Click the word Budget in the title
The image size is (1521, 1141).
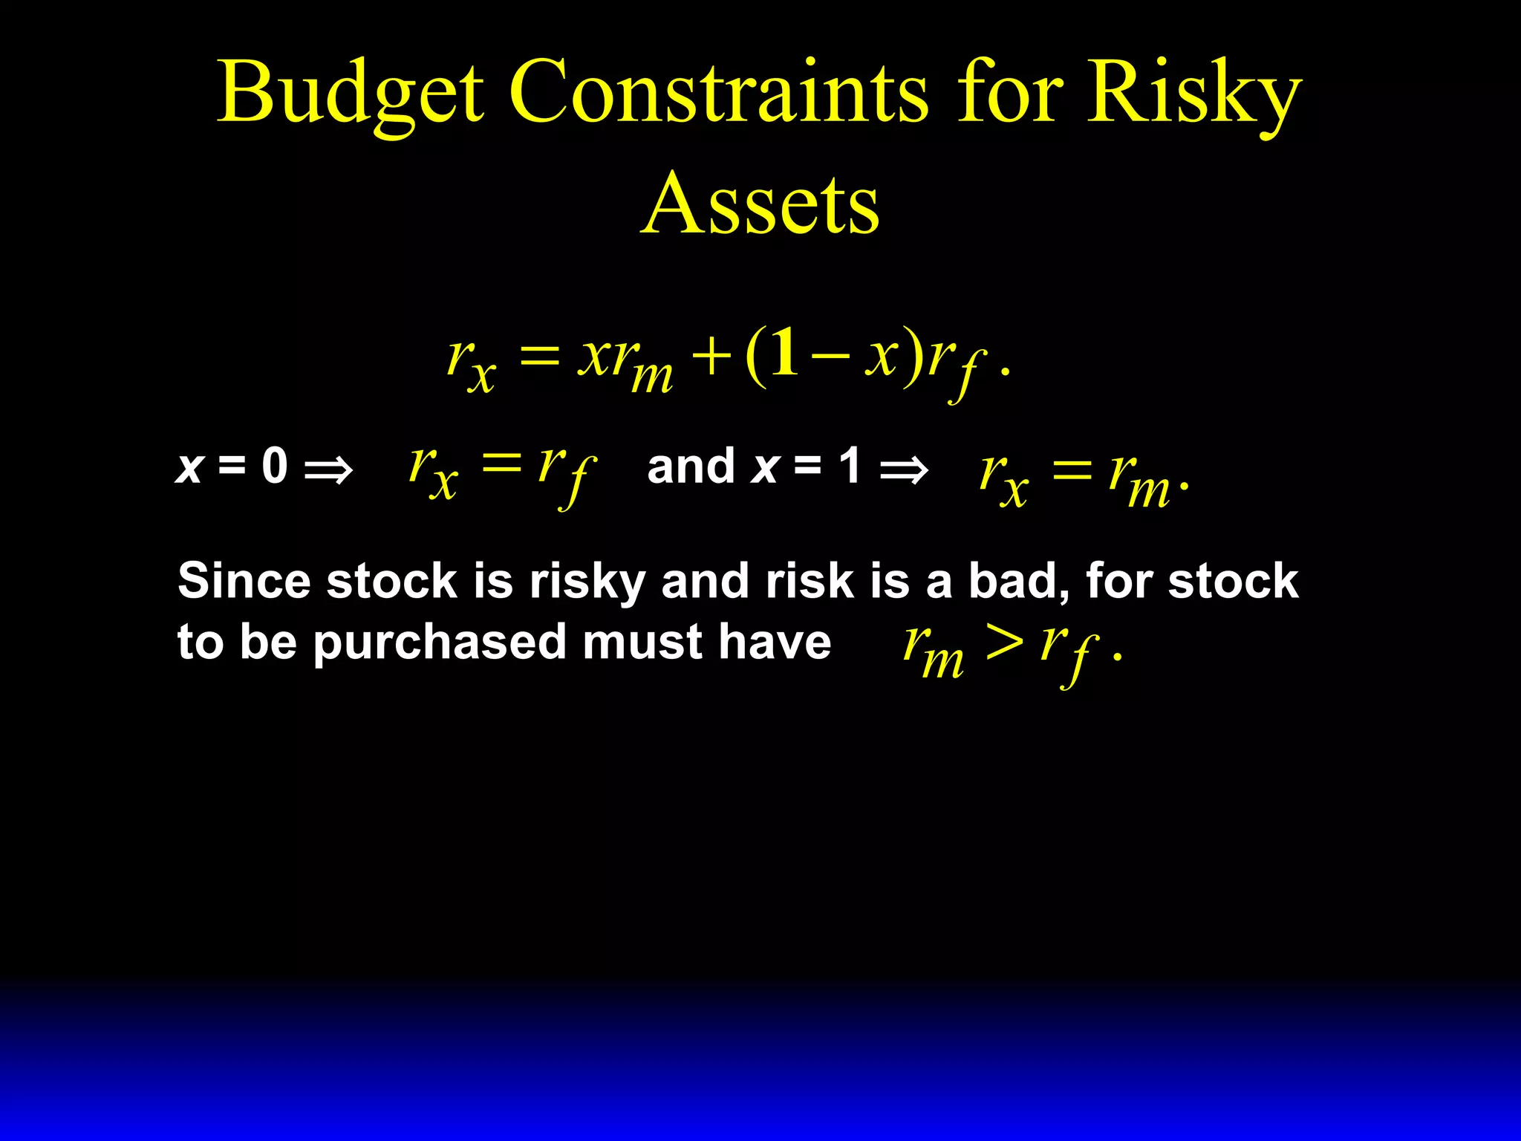(x=350, y=93)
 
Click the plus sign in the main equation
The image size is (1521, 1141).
(x=711, y=356)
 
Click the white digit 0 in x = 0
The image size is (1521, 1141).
(x=274, y=467)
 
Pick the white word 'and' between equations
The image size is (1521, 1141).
(x=691, y=467)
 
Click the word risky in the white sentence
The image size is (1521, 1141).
(x=587, y=582)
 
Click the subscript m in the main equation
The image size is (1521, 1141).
(x=652, y=376)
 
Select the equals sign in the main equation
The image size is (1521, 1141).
(x=539, y=356)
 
